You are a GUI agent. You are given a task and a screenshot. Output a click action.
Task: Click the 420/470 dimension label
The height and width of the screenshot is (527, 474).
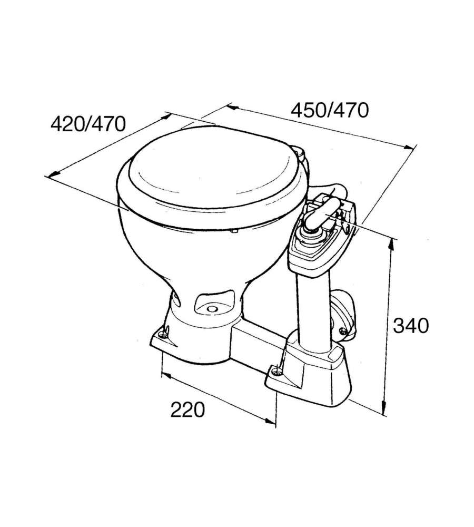[x=88, y=124]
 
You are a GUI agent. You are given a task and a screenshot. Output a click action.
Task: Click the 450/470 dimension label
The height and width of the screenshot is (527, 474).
[x=330, y=111]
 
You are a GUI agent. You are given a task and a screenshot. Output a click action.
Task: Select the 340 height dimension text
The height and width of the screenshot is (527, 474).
[x=411, y=326]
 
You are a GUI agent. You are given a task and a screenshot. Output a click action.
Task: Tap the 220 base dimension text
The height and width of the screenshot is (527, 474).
[x=187, y=409]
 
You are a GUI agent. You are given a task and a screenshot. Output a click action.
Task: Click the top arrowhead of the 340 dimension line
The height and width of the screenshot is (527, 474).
[x=391, y=243]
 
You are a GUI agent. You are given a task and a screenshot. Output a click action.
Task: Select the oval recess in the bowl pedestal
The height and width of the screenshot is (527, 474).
[x=214, y=304]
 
